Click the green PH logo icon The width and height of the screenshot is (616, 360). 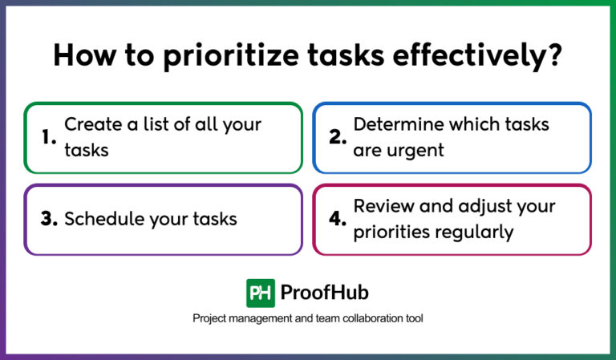pyautogui.click(x=261, y=293)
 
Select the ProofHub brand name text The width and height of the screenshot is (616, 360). pyautogui.click(x=326, y=293)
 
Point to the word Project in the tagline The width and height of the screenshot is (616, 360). pyautogui.click(x=210, y=319)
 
